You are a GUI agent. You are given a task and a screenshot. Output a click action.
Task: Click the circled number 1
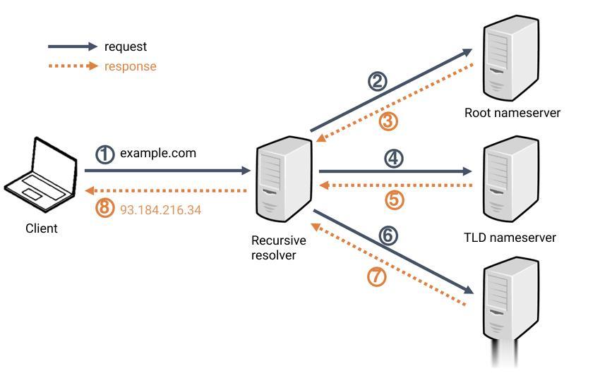[x=104, y=154]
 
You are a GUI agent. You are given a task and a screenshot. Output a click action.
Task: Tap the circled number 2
[x=378, y=81]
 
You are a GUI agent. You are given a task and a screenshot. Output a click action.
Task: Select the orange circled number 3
[x=388, y=121]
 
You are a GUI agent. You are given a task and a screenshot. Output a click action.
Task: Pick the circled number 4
[x=393, y=158]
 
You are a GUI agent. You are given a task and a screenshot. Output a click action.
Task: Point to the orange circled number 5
[x=395, y=200]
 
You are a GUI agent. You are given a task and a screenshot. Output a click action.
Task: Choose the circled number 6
[x=388, y=236]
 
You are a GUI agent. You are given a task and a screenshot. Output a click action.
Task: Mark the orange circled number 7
[x=377, y=276]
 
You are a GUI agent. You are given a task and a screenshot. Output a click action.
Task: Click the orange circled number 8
[x=104, y=209]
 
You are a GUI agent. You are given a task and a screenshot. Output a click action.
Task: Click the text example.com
[x=158, y=153]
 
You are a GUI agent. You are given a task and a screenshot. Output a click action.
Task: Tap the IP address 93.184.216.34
[x=160, y=210]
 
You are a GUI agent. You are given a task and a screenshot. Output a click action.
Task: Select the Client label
[x=42, y=228]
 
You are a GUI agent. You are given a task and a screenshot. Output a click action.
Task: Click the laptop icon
[x=41, y=174]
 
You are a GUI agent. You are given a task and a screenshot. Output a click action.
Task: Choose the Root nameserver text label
[x=512, y=113]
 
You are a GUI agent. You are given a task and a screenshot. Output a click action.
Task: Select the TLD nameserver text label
[x=510, y=238]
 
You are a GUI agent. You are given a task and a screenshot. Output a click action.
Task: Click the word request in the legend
[x=126, y=47]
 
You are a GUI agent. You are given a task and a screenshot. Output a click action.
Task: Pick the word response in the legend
[x=131, y=66]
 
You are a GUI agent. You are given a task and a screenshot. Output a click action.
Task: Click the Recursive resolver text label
[x=279, y=247]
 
